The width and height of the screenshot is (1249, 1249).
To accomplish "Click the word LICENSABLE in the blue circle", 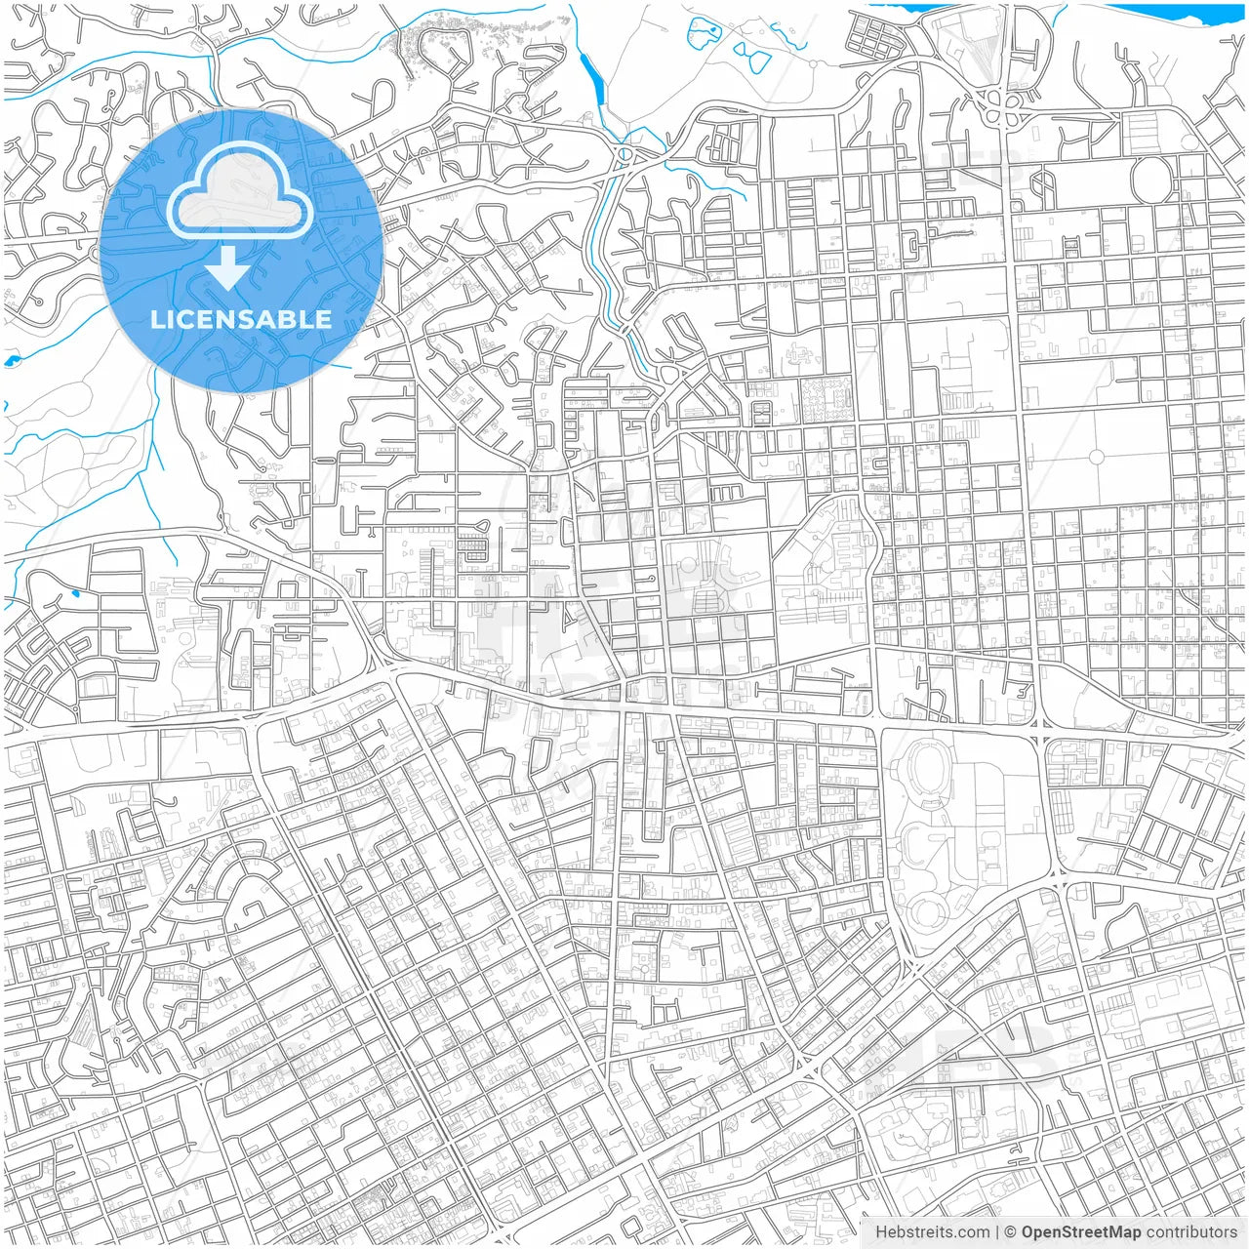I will click(x=241, y=319).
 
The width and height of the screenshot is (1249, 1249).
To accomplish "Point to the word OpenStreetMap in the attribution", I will click(x=1081, y=1232).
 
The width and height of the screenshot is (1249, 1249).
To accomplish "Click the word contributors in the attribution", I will click(x=1191, y=1232).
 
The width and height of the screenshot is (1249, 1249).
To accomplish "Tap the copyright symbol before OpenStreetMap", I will click(x=1011, y=1232).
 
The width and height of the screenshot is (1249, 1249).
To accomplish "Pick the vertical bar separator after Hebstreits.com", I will click(x=997, y=1232).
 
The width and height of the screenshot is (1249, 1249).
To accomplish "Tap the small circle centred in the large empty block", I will click(x=1096, y=456).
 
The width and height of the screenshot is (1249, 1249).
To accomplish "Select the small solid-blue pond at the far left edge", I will click(x=11, y=361).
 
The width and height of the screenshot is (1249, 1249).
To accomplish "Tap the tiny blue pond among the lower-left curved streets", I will click(x=75, y=592).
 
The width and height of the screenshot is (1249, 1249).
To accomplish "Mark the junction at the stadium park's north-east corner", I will click(x=1039, y=724).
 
